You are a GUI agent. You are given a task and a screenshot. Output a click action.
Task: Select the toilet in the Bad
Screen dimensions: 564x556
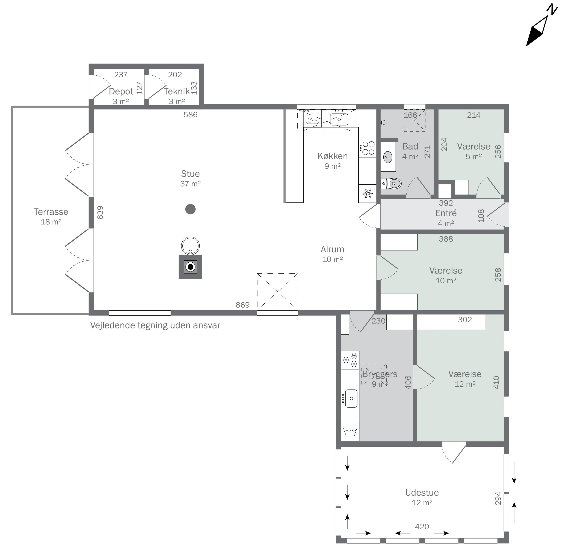391,184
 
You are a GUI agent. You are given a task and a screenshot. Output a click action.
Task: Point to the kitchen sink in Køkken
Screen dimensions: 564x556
339,119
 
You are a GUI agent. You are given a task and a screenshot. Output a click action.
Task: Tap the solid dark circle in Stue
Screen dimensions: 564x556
190,209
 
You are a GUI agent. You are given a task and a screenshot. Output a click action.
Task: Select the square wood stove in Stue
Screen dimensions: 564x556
190,267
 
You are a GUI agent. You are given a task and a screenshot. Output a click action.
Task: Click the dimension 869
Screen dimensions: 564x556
243,305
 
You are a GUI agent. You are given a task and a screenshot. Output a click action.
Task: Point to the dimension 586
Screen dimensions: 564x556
190,115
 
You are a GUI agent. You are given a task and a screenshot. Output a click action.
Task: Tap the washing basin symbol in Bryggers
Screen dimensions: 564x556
350,432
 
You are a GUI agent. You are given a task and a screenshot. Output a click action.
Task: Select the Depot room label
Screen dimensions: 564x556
121,91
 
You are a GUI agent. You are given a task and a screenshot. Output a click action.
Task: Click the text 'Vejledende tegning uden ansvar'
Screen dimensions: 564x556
155,325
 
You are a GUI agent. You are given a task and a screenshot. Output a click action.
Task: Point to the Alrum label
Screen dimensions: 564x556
332,249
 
